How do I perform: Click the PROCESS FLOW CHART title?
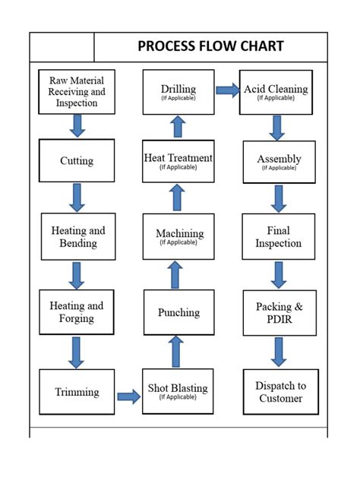(x=210, y=46)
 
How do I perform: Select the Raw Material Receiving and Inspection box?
(x=77, y=91)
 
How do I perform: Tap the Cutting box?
(x=77, y=160)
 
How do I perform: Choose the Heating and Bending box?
(x=77, y=236)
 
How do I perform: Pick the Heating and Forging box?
(x=77, y=312)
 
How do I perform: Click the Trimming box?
(x=77, y=392)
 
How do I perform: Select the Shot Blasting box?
(x=178, y=391)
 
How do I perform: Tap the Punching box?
(x=178, y=312)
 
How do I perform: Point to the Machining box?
(x=178, y=236)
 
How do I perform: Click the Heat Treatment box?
(x=178, y=160)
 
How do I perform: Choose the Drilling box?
(x=178, y=91)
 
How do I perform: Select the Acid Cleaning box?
(x=276, y=91)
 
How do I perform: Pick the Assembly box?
(x=279, y=161)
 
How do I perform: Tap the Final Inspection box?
(x=279, y=237)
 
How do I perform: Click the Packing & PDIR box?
(x=279, y=313)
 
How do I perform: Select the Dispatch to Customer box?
(x=279, y=392)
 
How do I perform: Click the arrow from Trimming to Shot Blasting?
(x=128, y=396)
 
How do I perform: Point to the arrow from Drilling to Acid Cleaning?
(x=227, y=90)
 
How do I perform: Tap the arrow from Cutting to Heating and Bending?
(x=77, y=197)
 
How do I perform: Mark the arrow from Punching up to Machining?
(x=175, y=274)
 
